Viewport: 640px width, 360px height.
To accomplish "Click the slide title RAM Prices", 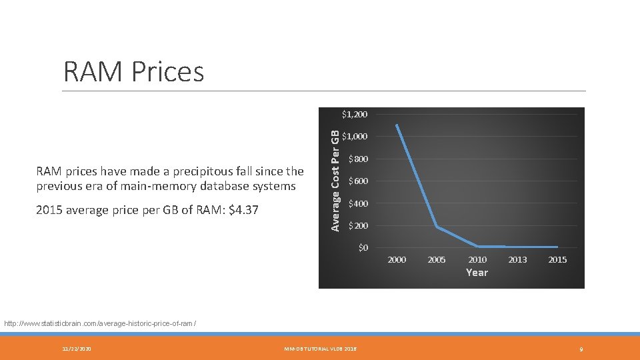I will pos(133,71).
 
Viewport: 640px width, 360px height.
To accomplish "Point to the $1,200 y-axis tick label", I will pos(354,115).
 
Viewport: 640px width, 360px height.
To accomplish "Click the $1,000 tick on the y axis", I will pos(354,137).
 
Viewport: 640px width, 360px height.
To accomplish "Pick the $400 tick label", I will pos(357,203).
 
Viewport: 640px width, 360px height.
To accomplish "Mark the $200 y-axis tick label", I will pos(357,226).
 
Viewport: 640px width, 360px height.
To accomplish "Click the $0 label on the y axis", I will pos(363,248).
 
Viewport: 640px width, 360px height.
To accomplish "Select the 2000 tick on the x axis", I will pos(397,260).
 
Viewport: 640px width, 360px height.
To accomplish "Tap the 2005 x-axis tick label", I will pos(437,260).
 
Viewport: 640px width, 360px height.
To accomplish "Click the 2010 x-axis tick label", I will pos(477,260).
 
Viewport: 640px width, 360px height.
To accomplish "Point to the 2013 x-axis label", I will pos(517,260).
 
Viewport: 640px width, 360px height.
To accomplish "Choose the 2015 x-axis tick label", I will pos(557,260).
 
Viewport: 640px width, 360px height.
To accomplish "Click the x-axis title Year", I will pos(477,273).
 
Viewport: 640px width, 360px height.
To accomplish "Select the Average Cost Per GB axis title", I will pos(336,172).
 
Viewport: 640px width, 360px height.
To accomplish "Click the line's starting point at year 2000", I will pos(397,125).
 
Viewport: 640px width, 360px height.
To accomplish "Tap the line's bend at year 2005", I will pos(437,227).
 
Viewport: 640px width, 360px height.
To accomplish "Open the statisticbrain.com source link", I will pos(100,323).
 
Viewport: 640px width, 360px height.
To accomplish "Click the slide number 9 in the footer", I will pos(581,349).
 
